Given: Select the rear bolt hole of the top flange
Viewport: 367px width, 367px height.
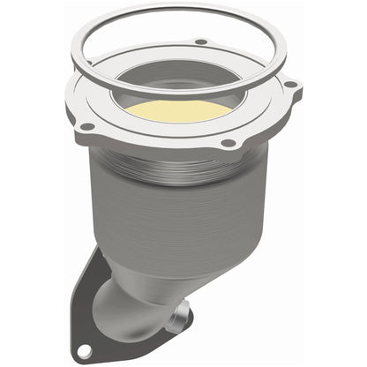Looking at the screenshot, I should click(201, 41).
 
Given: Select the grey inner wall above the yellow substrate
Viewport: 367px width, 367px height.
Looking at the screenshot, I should click(190, 84).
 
